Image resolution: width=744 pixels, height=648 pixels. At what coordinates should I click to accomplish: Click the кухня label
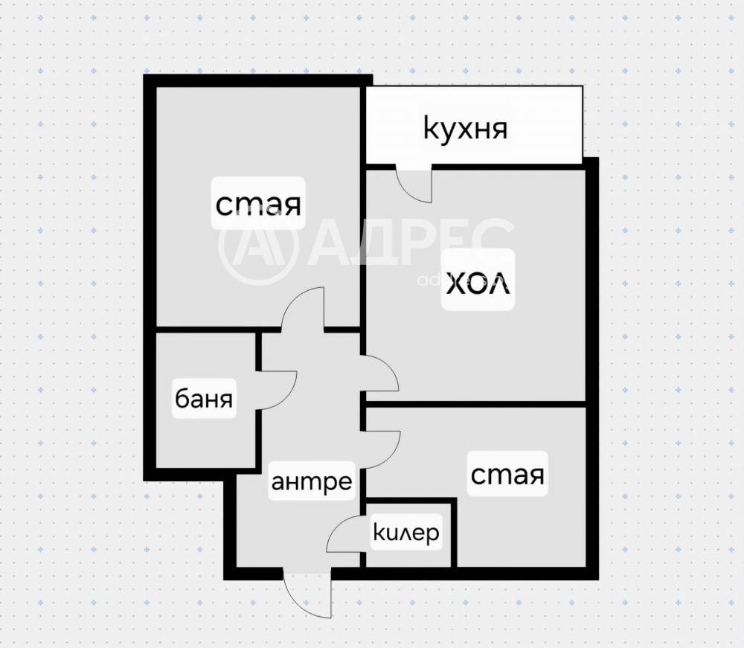[x=465, y=129]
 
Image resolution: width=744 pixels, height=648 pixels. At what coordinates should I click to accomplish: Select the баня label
[x=204, y=399]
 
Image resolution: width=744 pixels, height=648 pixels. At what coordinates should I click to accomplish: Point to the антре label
[x=312, y=482]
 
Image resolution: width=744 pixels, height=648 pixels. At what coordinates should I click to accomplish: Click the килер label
[x=407, y=533]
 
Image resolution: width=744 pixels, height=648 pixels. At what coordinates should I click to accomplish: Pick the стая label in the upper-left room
[x=258, y=205]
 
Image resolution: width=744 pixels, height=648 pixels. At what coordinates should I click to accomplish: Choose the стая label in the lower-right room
[x=507, y=475]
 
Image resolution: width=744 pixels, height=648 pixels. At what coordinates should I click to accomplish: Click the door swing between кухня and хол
[x=414, y=184]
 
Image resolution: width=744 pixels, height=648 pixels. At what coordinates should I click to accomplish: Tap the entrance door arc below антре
[x=307, y=594]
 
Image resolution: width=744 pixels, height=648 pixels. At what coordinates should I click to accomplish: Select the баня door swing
[x=277, y=391]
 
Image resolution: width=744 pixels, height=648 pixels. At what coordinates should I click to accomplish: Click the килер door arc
[x=346, y=533]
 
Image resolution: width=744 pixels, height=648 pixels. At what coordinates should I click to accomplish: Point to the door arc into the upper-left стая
[x=303, y=307]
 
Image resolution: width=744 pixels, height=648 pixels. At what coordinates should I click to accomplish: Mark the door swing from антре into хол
[x=380, y=373]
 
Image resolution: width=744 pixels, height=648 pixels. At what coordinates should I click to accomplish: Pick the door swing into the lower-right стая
[x=381, y=449]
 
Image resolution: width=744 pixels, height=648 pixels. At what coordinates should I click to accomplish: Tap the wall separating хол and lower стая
[x=475, y=404]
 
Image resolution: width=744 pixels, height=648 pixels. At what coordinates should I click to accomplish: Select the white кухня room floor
[x=474, y=125]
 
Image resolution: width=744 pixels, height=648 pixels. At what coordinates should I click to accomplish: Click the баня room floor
[x=206, y=400]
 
